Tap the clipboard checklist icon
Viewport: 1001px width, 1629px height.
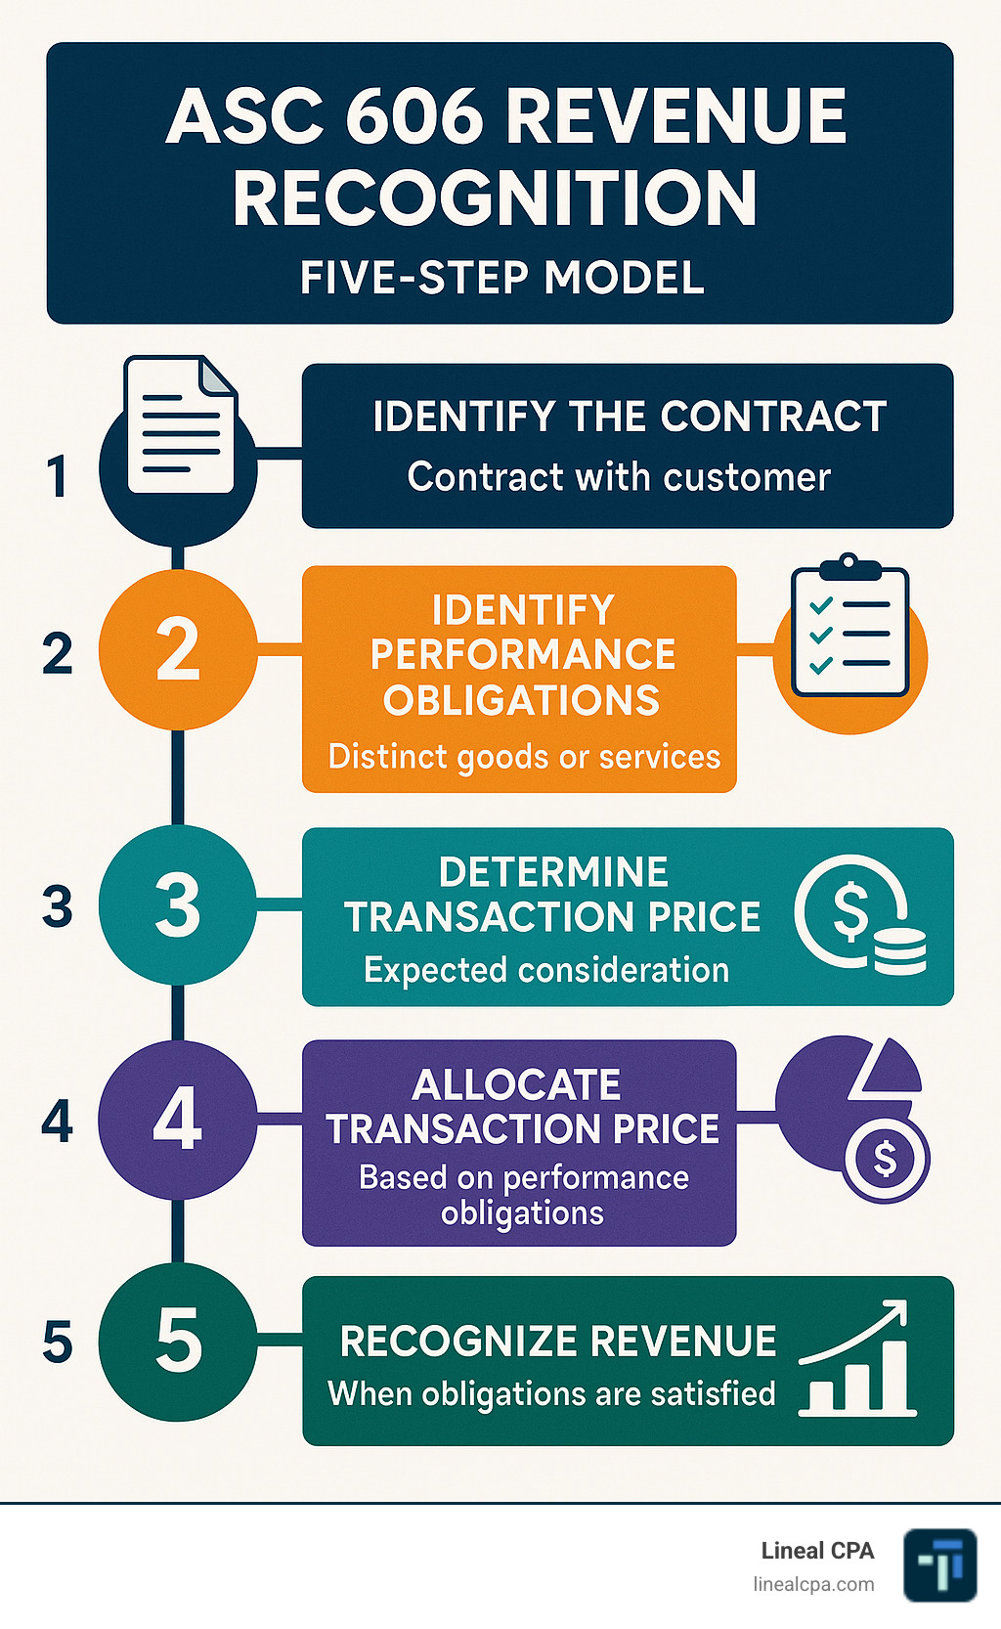tap(849, 628)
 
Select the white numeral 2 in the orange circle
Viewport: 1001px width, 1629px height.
tap(178, 649)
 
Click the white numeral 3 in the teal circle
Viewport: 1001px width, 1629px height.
tap(178, 904)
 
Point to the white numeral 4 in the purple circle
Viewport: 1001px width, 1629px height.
tap(178, 1120)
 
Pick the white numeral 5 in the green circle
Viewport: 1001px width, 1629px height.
tap(179, 1341)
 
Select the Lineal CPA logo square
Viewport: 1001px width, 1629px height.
tap(939, 1564)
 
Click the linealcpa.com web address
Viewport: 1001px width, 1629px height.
tap(813, 1584)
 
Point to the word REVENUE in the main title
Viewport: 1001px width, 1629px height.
tap(675, 117)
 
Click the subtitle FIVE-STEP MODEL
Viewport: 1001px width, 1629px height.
tap(501, 278)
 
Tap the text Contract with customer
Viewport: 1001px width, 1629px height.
tap(619, 477)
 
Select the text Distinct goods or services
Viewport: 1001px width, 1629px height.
tap(524, 757)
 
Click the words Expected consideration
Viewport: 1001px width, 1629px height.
tap(546, 970)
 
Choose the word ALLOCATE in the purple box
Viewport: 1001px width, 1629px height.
tap(516, 1084)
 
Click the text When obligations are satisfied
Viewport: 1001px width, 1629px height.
tap(551, 1393)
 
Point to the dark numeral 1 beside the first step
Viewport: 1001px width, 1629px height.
tap(58, 477)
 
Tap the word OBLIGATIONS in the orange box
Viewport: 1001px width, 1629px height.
tap(521, 700)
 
